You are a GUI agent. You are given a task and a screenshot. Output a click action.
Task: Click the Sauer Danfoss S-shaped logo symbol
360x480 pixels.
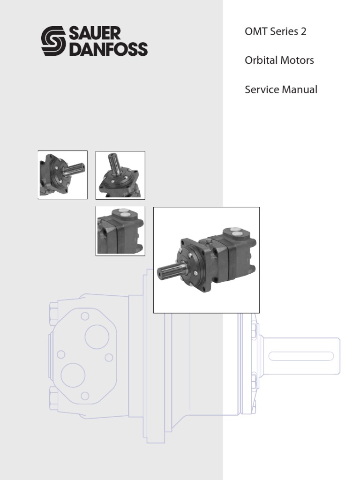[x=54, y=41]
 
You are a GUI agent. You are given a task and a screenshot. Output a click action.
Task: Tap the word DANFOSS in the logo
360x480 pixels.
[x=108, y=49]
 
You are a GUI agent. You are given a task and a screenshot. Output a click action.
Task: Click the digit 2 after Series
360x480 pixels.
[x=303, y=32]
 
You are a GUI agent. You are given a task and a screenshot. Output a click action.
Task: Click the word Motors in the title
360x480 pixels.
[x=299, y=61]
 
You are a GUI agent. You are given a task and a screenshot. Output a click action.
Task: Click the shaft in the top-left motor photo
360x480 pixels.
[x=75, y=168]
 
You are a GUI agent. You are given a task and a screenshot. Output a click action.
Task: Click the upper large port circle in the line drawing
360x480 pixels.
[x=97, y=337]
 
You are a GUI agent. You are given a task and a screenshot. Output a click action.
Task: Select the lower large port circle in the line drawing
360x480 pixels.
[x=73, y=375]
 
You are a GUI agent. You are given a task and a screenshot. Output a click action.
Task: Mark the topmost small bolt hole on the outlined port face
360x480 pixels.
[x=85, y=316]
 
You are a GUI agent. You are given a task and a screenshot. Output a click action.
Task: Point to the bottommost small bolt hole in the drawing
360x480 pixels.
[x=85, y=396]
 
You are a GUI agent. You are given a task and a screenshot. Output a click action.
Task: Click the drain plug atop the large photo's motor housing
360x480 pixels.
[x=203, y=241]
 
